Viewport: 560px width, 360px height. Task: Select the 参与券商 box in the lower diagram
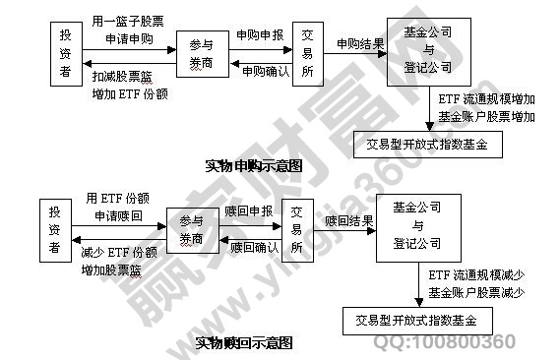[192, 231]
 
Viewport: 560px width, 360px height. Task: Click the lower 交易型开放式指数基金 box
[415, 320]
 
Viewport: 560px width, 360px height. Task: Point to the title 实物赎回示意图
[245, 343]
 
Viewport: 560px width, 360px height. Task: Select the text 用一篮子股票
[127, 21]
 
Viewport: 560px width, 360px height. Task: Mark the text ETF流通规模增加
[486, 99]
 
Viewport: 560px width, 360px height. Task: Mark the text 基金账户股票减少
[475, 292]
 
